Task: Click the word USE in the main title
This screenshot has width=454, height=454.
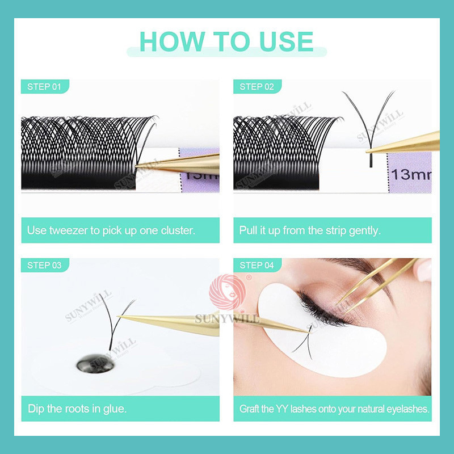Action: [286, 41]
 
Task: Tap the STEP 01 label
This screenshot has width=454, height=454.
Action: [44, 87]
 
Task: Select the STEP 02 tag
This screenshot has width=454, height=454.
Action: [257, 87]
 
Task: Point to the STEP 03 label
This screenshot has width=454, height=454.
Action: [44, 265]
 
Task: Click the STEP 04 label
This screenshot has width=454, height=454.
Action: [257, 265]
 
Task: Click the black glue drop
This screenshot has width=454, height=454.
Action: [95, 363]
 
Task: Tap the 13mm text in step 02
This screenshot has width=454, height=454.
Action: [411, 174]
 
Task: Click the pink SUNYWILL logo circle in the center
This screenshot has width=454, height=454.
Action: [227, 292]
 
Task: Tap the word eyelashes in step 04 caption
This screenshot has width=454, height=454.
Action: [408, 409]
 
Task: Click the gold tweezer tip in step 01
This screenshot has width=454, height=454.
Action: [136, 166]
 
